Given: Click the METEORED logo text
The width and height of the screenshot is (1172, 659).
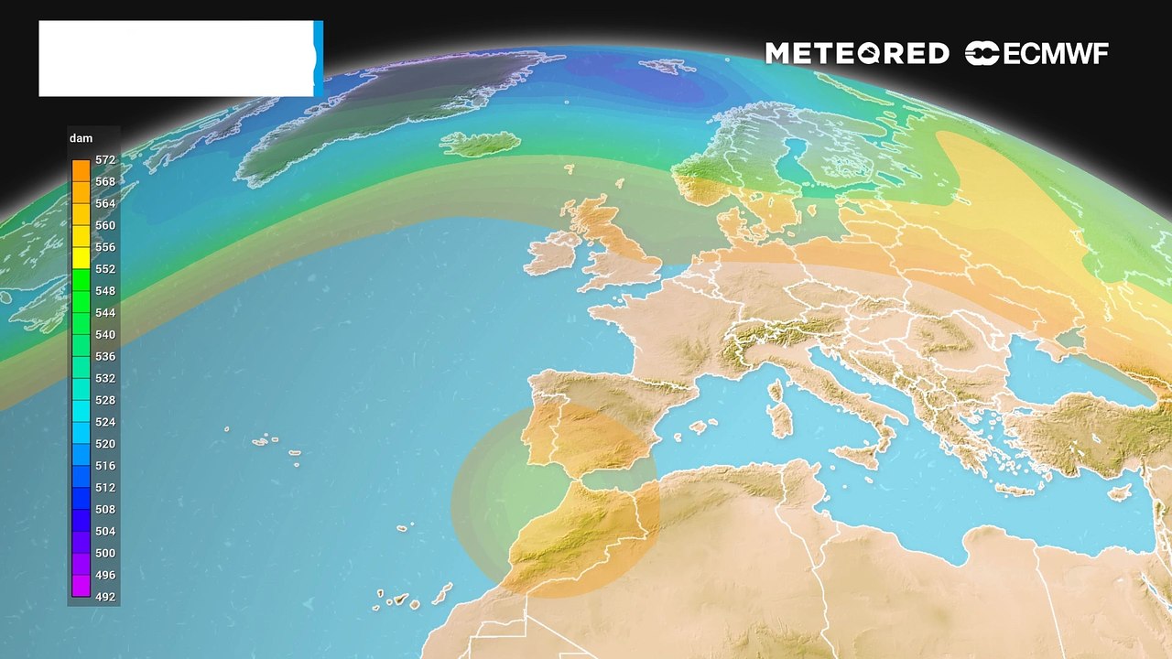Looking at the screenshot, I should (x=856, y=54).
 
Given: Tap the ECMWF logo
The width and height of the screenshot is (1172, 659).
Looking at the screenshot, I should (x=1036, y=54).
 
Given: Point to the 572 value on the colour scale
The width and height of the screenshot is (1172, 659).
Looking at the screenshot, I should (x=105, y=160).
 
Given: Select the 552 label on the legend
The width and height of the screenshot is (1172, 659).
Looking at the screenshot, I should (x=105, y=269).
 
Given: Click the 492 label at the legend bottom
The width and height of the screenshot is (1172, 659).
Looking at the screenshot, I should (x=105, y=597).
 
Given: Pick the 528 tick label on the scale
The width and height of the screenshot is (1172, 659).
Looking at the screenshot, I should (x=105, y=400).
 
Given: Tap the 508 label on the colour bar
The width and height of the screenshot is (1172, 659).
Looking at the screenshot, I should (x=105, y=509).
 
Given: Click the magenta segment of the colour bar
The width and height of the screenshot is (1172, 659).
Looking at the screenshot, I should (x=81, y=586).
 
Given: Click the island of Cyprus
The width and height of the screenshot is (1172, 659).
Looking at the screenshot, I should (x=1119, y=492).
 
